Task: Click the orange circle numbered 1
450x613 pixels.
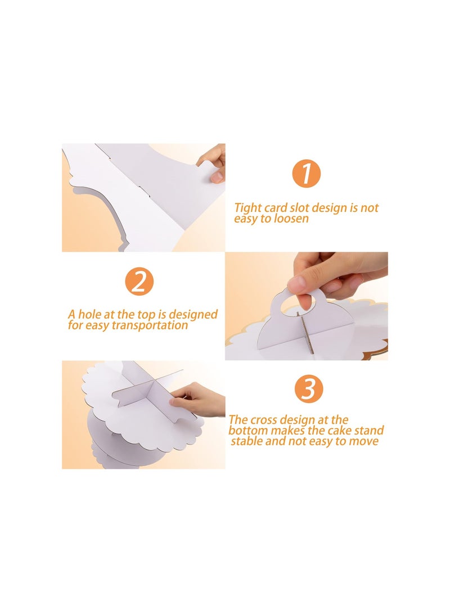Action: coord(306,173)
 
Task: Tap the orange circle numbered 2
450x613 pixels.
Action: coord(139,281)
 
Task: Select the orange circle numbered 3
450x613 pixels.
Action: coord(309,389)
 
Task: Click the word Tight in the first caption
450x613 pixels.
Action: coord(248,207)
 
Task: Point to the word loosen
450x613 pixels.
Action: coord(291,218)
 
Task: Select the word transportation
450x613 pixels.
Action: coord(150,325)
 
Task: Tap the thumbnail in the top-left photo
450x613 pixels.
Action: coord(217,177)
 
